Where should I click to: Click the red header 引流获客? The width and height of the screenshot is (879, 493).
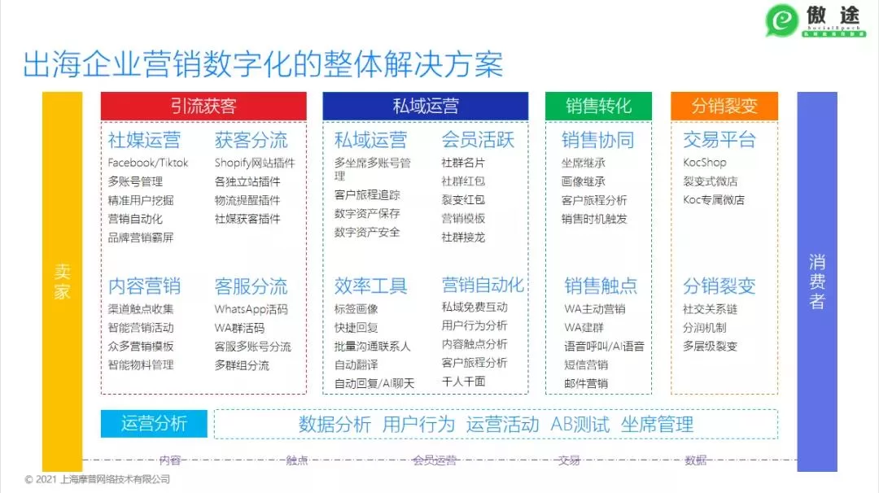[x=203, y=107]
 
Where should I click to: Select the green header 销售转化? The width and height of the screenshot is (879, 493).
[x=599, y=107]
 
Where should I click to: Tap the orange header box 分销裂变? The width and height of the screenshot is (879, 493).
[x=724, y=107]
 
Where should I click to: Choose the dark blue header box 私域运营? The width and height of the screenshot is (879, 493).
[x=426, y=107]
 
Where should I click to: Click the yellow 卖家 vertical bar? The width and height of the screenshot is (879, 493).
[x=63, y=281]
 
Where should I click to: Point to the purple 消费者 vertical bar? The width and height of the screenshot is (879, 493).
[x=817, y=281]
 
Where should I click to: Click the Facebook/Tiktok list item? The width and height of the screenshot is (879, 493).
[x=148, y=163]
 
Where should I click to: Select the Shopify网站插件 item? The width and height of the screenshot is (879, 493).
[x=255, y=163]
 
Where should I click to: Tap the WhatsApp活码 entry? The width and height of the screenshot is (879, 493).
[x=251, y=309]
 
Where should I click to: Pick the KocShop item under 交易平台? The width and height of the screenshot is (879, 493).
[x=705, y=163]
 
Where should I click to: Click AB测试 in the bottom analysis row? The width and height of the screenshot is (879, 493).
[x=579, y=424]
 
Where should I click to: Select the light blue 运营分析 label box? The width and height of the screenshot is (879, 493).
[x=154, y=424]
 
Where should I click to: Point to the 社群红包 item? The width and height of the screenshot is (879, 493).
[x=463, y=181]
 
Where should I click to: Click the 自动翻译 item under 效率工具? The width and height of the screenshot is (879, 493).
[x=356, y=365]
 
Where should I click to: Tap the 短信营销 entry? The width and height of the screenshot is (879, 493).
[x=586, y=365]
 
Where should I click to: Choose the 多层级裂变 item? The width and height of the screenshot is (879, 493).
[x=710, y=347]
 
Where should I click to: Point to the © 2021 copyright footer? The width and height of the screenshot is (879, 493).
[x=98, y=480]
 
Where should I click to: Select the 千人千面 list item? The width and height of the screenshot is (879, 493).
[x=463, y=382]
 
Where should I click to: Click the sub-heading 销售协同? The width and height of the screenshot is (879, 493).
[x=598, y=140]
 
